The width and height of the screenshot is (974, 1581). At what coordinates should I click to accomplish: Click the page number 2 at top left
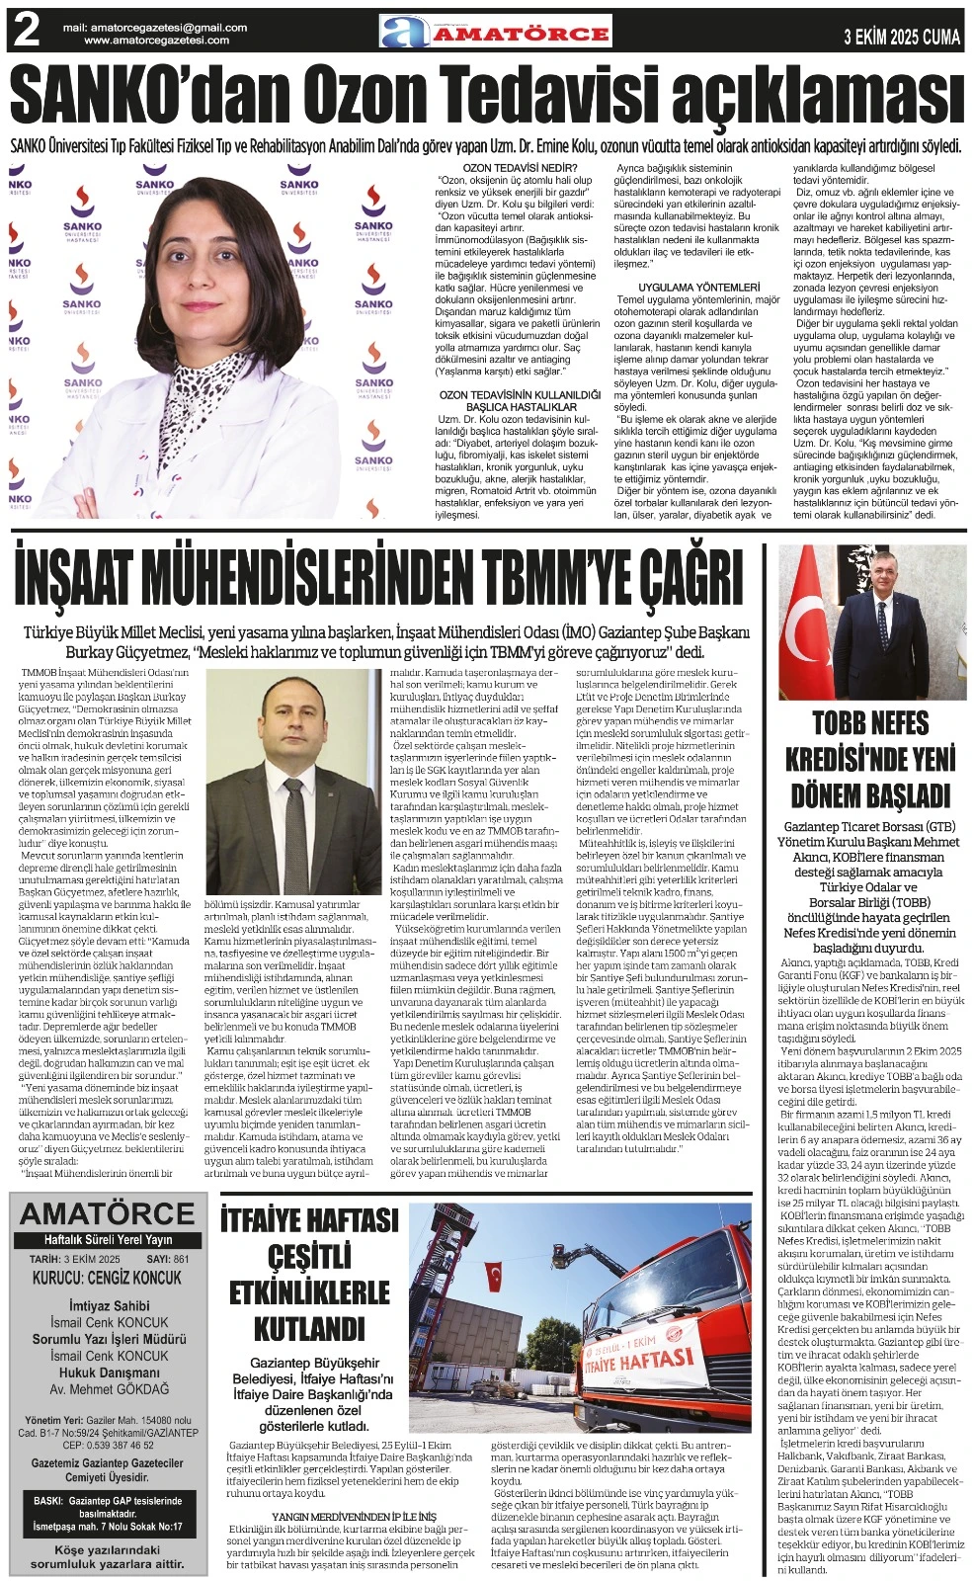click(26, 33)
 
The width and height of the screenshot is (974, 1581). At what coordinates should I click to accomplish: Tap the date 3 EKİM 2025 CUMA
click(902, 38)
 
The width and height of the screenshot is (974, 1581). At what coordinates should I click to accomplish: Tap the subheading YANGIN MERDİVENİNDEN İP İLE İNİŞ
click(354, 1515)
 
